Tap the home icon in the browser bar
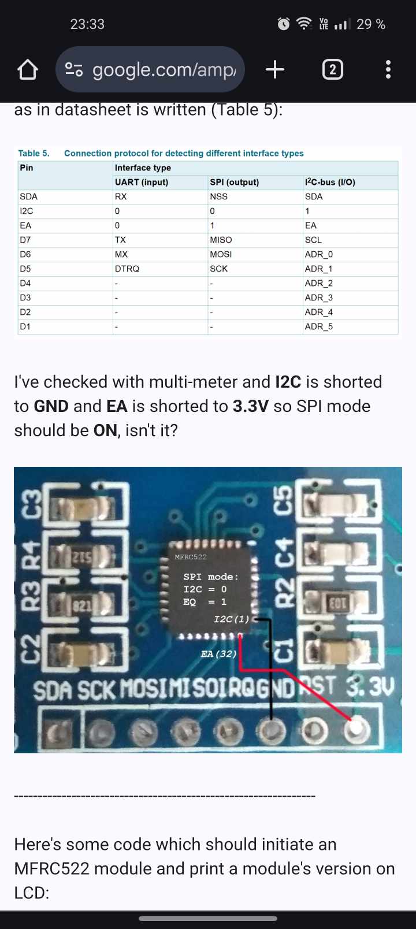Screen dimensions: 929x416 28,70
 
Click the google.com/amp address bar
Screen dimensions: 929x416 150,70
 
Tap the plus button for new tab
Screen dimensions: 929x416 275,70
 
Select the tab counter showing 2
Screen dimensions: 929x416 332,70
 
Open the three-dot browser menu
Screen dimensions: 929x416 388,70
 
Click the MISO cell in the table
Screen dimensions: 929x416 221,240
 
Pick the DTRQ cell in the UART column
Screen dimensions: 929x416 127,269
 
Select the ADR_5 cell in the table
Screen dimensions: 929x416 319,326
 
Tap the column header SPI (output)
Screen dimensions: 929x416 234,182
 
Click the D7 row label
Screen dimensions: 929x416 25,240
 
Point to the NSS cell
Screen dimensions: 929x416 218,196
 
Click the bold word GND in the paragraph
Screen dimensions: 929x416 51,406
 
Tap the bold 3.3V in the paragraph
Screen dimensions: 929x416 251,406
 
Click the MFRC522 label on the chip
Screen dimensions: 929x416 191,557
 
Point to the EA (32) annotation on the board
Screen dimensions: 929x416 218,654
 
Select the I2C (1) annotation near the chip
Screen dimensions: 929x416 231,619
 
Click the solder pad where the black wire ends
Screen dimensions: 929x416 270,731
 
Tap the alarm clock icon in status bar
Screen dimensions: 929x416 284,24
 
